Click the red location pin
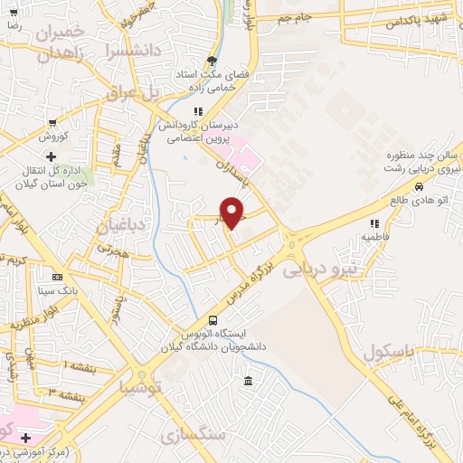(x=233, y=210)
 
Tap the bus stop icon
(x=213, y=320)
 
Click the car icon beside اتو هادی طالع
(x=420, y=187)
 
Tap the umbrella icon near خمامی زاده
(x=212, y=61)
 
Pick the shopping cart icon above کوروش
(x=52, y=123)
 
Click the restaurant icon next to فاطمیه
(x=373, y=222)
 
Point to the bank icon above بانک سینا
(x=58, y=277)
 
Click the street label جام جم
(x=294, y=17)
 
